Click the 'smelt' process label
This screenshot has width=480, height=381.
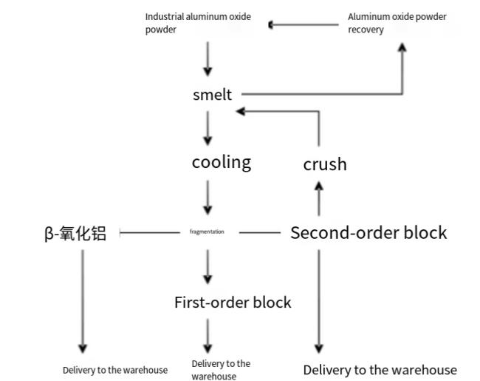(212, 95)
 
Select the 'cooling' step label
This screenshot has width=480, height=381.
(222, 162)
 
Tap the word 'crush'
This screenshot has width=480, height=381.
(325, 164)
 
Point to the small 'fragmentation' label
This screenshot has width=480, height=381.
(207, 232)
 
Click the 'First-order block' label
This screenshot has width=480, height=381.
(233, 302)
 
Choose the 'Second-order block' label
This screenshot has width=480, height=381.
(368, 232)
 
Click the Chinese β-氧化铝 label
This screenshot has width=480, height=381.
(75, 233)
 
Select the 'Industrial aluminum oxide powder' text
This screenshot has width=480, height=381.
(198, 23)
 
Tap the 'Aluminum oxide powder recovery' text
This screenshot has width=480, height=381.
(397, 23)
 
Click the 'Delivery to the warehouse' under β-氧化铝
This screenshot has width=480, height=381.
(115, 370)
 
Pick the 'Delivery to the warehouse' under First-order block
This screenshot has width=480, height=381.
(221, 370)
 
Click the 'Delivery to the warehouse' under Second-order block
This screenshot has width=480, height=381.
(380, 370)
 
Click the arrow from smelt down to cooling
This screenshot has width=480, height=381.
(208, 128)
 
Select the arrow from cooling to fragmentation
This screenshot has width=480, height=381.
(208, 198)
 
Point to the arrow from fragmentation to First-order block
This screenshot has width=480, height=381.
(208, 267)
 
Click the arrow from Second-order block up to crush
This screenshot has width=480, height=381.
(319, 199)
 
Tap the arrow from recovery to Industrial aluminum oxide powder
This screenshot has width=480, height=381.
(304, 24)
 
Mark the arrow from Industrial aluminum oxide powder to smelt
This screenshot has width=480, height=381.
(208, 59)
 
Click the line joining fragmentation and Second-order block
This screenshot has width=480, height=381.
(260, 232)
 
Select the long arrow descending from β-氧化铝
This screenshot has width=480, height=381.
(83, 301)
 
